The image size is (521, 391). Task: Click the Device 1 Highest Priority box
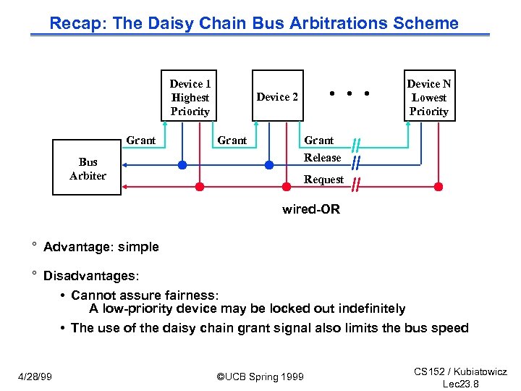coord(190,96)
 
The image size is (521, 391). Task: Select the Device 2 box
coord(277,96)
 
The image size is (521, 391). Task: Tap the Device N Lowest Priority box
coord(428,96)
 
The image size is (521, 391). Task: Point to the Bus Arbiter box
coord(88,169)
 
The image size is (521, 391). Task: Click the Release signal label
coord(322,158)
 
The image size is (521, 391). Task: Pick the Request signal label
coord(323,180)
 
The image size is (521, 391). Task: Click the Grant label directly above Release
coord(318,140)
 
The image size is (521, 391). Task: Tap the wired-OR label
coord(310,209)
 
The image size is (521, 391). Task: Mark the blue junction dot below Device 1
coord(182,165)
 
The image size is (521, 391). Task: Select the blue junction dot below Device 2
coord(269,165)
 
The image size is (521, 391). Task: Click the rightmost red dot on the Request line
coord(438,186)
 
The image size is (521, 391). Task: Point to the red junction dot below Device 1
coord(200,186)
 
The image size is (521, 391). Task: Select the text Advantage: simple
coord(101,247)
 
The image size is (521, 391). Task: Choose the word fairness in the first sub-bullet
coord(190,295)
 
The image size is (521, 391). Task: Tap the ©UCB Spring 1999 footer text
coord(260,377)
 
